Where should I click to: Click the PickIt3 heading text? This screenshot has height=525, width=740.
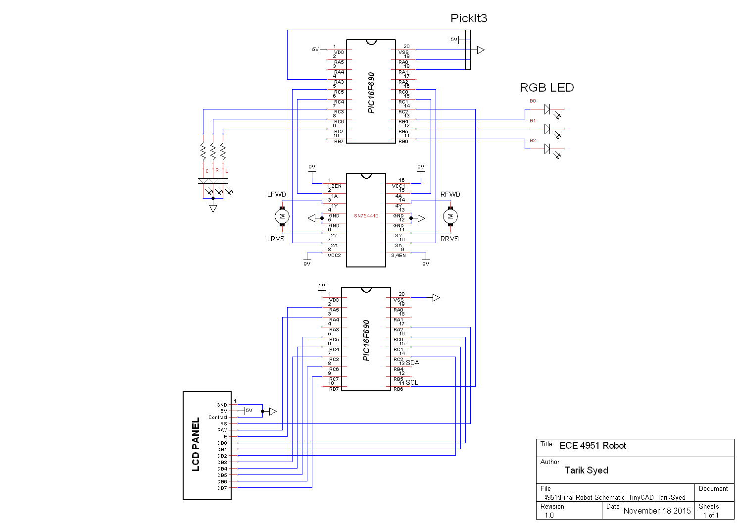coord(468,18)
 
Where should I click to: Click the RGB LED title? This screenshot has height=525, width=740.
coord(546,88)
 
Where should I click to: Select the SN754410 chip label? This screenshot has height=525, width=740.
coord(366,216)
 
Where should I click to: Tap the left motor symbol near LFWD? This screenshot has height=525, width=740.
coord(282,216)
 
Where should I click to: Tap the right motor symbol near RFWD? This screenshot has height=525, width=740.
coord(450,216)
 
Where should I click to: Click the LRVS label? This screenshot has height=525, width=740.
coord(276,239)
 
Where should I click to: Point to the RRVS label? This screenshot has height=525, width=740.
coord(449,239)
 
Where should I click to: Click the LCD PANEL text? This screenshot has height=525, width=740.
coord(196,444)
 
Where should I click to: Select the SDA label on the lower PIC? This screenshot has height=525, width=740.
coord(412,363)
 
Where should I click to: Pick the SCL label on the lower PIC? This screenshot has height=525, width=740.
coord(412,382)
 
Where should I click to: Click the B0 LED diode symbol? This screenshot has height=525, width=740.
coord(547,109)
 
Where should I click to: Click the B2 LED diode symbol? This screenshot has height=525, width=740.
coord(547,149)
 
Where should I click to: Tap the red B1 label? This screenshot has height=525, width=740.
coord(533,121)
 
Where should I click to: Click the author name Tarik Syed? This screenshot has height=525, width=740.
coord(586,471)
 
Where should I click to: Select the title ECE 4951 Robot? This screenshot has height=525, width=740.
coord(592,446)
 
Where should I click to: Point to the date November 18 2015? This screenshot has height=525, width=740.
coord(657,511)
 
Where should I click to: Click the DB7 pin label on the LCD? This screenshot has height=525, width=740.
coord(222,488)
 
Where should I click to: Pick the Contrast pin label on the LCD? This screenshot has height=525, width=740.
coord(218,418)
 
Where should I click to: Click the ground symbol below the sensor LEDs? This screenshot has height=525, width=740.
coord(213,209)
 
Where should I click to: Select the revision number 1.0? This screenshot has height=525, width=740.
coord(549,516)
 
